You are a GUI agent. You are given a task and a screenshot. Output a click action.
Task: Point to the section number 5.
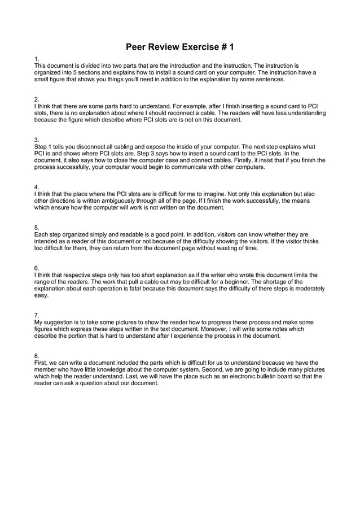coord(36,227)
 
